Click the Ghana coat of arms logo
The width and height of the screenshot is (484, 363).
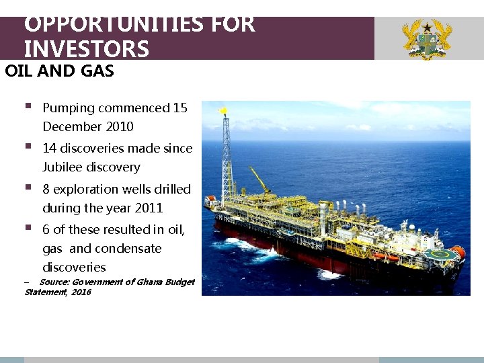tap(426, 39)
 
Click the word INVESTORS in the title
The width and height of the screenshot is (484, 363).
tap(86, 49)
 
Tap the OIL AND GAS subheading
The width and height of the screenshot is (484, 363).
tap(59, 71)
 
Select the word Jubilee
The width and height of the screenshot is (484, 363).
tap(63, 167)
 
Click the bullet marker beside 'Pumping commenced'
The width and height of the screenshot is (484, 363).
tap(28, 107)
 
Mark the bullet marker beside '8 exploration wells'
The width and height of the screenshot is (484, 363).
tap(28, 188)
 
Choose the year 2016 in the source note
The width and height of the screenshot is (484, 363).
tap(81, 292)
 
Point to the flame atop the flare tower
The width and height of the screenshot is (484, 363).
tap(223, 109)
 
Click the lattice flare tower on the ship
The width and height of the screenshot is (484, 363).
tap(227, 158)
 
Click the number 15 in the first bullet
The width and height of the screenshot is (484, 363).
tap(180, 108)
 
